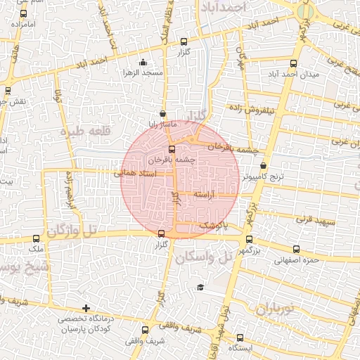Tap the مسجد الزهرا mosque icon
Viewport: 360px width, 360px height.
[143, 61]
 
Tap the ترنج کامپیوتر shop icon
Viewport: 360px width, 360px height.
[262, 166]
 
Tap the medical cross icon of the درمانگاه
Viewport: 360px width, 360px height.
[86, 308]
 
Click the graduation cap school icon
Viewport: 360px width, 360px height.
[200, 287]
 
